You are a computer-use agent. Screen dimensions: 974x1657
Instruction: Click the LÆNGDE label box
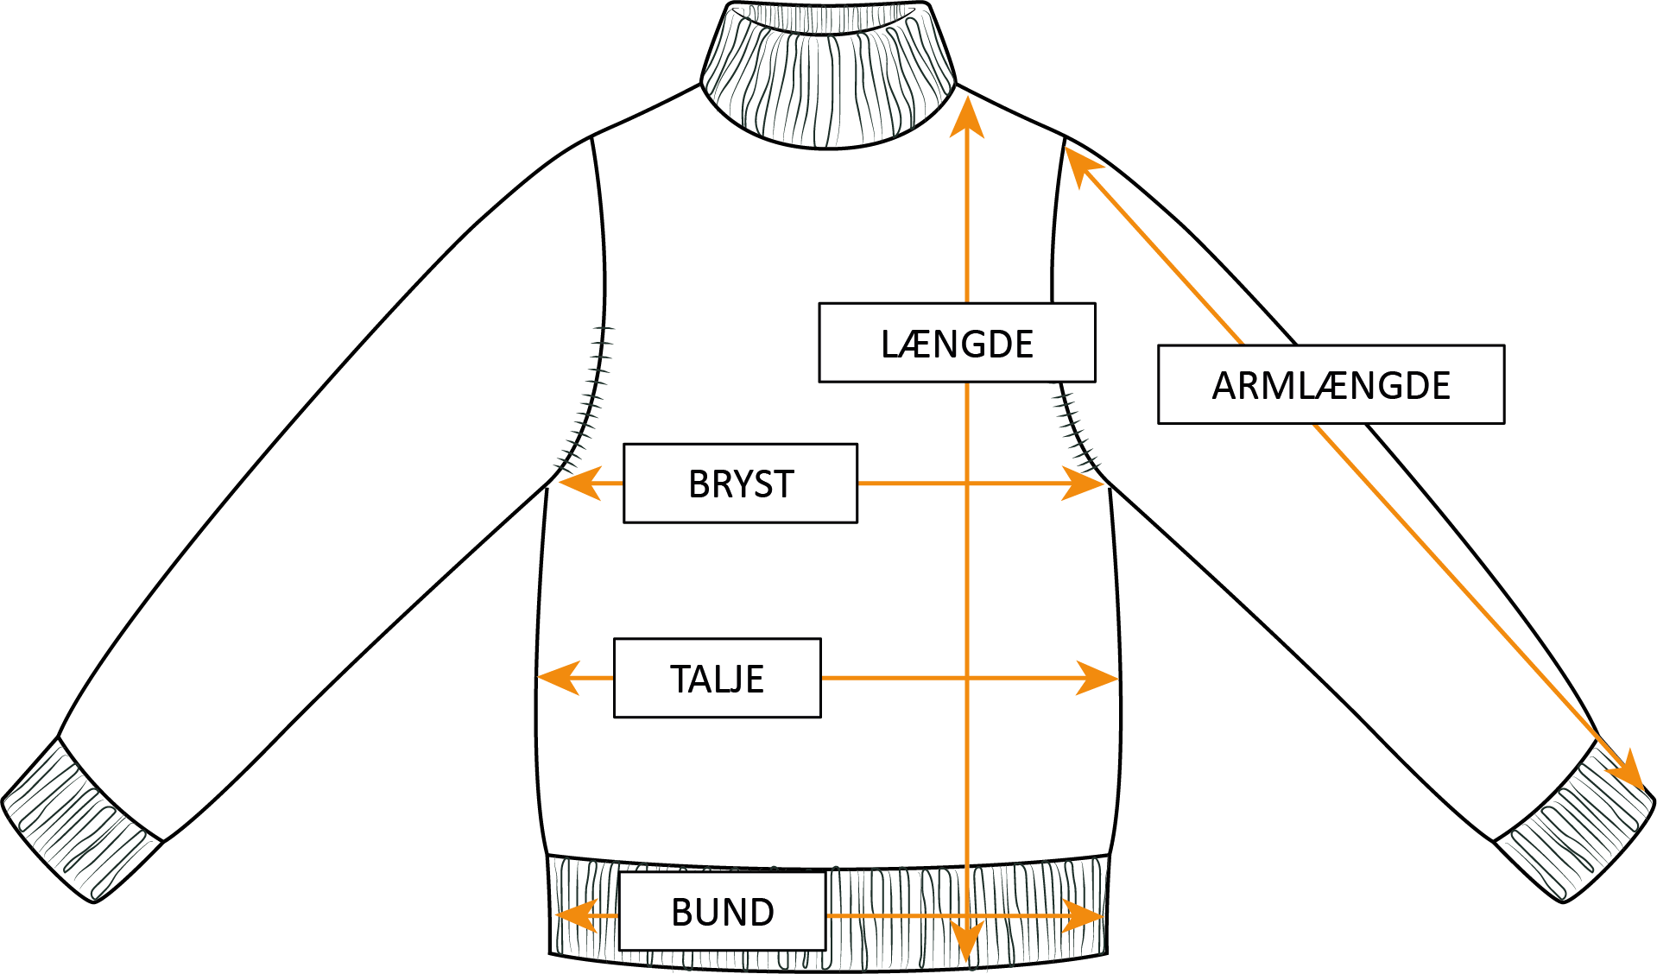click(x=957, y=343)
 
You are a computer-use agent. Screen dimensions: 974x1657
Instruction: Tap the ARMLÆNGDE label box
click(x=1331, y=384)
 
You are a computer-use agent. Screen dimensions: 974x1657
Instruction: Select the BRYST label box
click(x=740, y=484)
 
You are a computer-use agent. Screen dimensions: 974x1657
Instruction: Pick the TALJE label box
click(x=717, y=678)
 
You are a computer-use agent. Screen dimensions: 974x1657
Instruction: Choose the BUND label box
click(x=722, y=911)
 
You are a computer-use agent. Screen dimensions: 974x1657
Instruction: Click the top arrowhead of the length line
click(x=967, y=117)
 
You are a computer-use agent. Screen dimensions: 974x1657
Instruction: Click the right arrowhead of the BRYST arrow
click(x=1085, y=484)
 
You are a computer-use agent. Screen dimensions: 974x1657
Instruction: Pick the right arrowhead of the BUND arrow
click(x=1085, y=915)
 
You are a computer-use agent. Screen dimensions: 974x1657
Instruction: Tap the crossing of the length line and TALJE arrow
click(x=967, y=678)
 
